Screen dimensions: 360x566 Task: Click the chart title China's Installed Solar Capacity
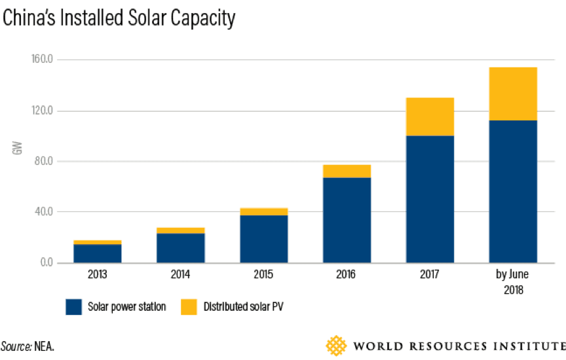click(x=119, y=18)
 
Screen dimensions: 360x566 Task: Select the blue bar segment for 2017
click(x=430, y=199)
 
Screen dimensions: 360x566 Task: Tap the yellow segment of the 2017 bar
click(x=430, y=117)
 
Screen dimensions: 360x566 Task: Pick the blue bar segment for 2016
click(x=347, y=220)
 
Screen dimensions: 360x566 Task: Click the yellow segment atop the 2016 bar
click(x=347, y=171)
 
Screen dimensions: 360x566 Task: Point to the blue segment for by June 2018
click(x=513, y=191)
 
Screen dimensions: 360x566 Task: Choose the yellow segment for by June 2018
click(x=513, y=94)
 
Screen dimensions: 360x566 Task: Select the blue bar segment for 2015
click(x=263, y=239)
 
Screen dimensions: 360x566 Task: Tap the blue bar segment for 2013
click(x=98, y=253)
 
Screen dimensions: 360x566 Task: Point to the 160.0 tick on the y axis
click(x=43, y=60)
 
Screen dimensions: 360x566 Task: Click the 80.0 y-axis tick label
click(x=45, y=162)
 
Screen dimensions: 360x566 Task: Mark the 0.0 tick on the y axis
click(x=47, y=263)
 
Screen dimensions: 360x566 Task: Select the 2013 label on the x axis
click(x=98, y=274)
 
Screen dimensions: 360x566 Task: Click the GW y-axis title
click(x=18, y=149)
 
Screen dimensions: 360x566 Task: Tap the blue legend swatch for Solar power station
click(x=74, y=306)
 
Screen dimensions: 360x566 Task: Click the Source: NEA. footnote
click(x=28, y=346)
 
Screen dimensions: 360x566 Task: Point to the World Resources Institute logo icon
click(x=337, y=345)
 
